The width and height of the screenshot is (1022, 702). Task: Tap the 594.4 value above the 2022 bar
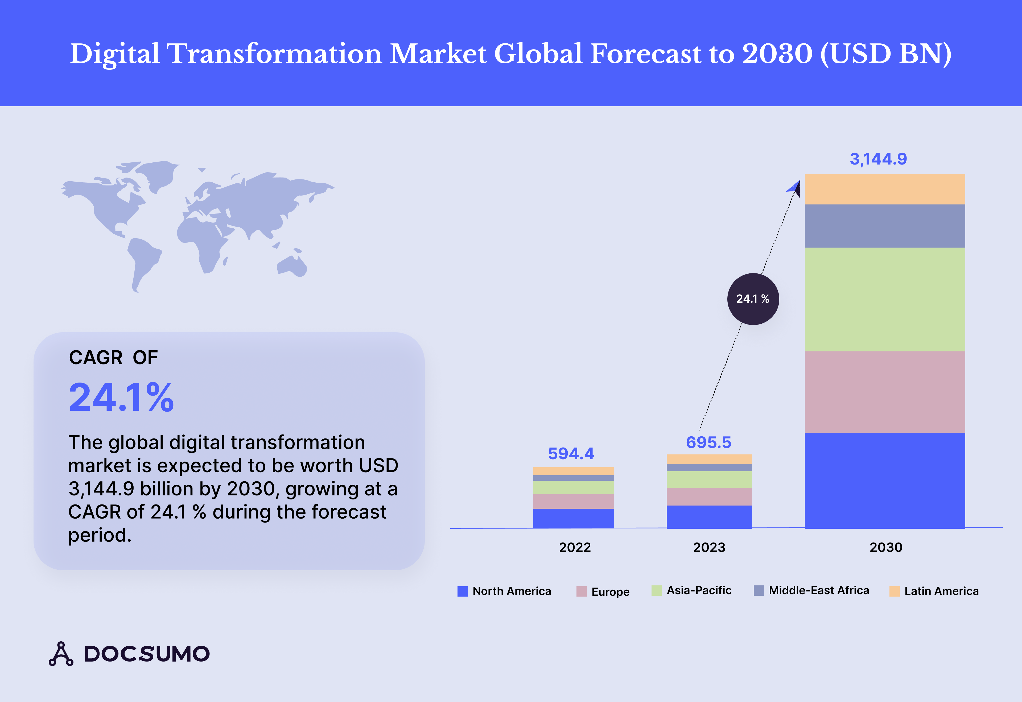click(x=571, y=453)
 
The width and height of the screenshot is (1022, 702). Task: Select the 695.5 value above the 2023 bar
click(x=708, y=442)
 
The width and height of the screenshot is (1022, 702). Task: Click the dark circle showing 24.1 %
click(x=753, y=299)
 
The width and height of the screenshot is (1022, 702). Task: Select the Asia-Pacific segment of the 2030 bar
click(x=885, y=299)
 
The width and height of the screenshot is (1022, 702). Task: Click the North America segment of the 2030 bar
click(x=885, y=480)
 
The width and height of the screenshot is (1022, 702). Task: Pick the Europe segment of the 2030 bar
click(x=885, y=392)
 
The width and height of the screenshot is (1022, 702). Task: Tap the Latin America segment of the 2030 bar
click(x=885, y=189)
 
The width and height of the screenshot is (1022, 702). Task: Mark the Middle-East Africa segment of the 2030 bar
click(x=885, y=226)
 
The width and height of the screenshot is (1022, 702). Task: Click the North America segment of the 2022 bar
click(x=574, y=518)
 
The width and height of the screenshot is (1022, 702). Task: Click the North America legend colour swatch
click(x=462, y=591)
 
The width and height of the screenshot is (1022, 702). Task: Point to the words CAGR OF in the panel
click(x=113, y=358)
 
